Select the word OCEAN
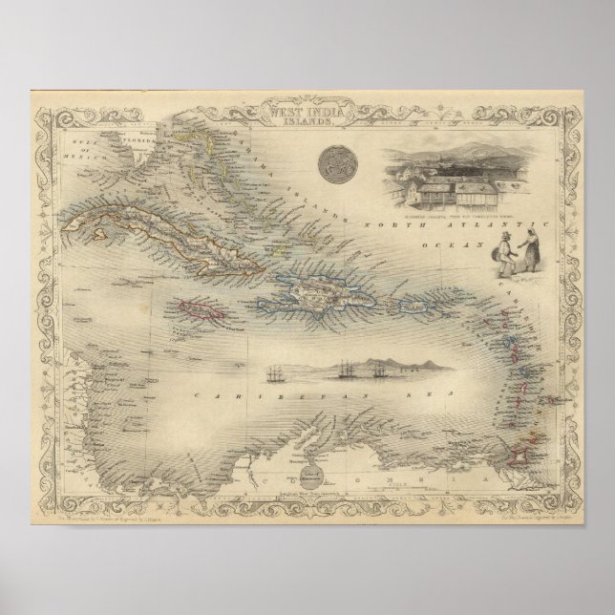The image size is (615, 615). point(446,243)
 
